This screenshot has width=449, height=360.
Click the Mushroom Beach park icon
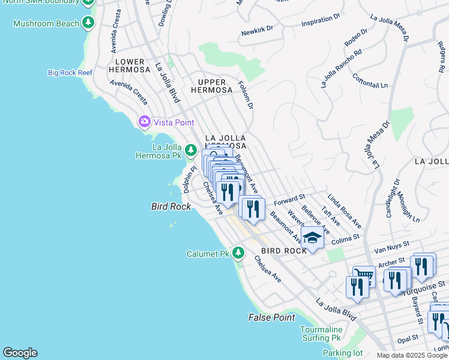coord(89,23)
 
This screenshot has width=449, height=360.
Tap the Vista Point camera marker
coord(144,122)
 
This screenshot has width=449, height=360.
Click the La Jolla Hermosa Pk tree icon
coord(191,149)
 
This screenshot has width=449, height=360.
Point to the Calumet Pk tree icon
coord(239,253)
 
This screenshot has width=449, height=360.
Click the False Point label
coord(272,317)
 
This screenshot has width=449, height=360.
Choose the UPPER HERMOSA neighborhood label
coord(211,86)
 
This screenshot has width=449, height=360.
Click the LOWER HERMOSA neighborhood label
coord(130,66)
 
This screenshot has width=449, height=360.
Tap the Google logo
coord(20,353)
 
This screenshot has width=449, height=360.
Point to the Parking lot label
coord(338,353)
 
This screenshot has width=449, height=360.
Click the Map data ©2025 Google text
coord(412,355)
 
